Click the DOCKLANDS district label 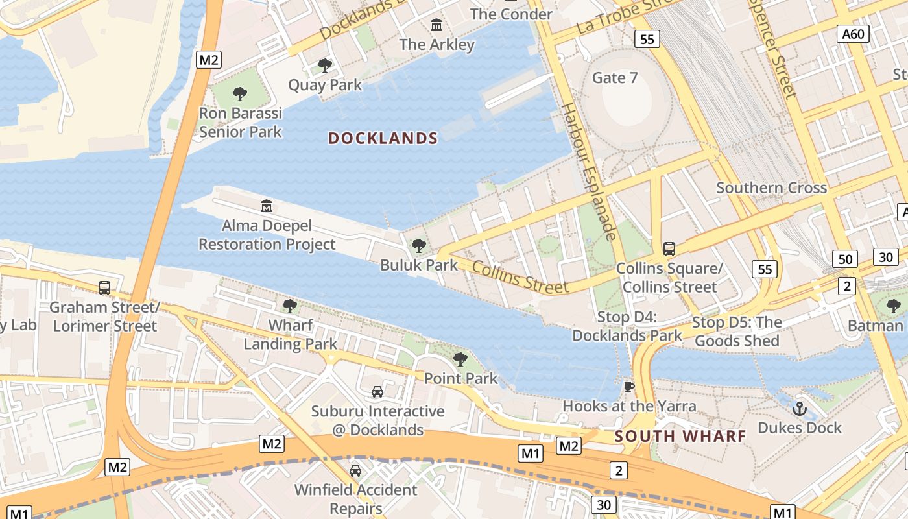383,138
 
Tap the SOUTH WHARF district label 680,436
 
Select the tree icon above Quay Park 325,66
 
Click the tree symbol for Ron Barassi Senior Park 240,94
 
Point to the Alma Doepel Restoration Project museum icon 267,206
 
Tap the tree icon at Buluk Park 419,246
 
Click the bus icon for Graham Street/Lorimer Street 104,287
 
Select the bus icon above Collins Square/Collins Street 669,248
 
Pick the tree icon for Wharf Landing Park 290,306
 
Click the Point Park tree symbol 460,359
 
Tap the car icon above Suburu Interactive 377,391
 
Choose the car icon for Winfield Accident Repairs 355,470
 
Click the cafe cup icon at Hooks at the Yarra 628,387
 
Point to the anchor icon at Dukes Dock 800,409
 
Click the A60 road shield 853,34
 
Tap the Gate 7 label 615,78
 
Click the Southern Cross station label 771,188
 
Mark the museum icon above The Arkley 437,25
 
